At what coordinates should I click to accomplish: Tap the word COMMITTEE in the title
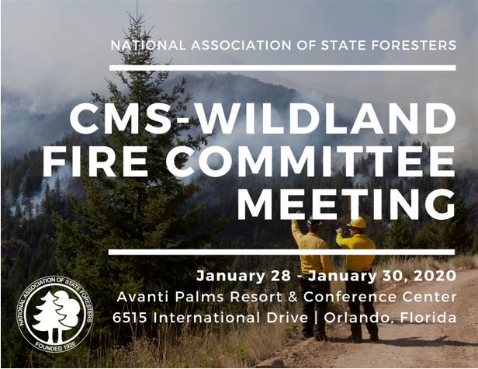click(x=310, y=162)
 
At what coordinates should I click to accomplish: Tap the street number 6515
click(x=130, y=318)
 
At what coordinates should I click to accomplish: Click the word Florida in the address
click(x=428, y=318)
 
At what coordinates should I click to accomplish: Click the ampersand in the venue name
click(x=293, y=297)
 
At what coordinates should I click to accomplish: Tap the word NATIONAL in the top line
click(x=148, y=45)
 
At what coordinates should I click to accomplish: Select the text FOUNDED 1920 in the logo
click(x=55, y=346)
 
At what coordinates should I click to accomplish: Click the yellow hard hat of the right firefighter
click(x=357, y=222)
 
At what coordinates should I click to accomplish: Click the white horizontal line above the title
click(x=282, y=68)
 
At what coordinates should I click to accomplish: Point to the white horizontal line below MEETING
click(x=282, y=252)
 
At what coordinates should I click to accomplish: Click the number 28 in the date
click(x=280, y=276)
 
